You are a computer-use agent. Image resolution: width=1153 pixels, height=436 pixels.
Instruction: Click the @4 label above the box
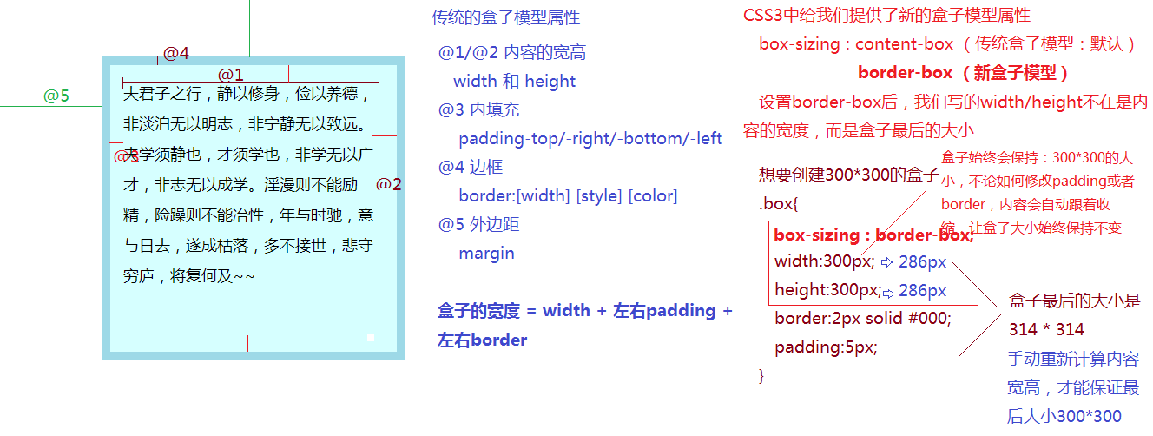176,53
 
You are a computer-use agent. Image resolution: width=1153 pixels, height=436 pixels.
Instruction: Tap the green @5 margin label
56,96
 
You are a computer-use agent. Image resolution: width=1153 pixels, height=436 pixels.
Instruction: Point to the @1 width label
231,75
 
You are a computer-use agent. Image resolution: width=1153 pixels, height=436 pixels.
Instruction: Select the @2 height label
389,184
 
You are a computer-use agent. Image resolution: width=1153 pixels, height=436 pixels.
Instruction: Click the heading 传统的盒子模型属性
505,17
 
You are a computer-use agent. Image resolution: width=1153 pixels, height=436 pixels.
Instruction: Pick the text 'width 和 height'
514,81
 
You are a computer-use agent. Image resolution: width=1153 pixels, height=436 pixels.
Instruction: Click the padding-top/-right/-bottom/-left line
590,138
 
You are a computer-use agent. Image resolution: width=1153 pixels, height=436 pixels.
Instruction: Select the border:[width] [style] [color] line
568,195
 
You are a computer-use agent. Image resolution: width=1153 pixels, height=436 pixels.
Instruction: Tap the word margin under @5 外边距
486,253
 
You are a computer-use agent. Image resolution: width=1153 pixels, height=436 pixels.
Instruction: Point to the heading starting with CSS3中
886,16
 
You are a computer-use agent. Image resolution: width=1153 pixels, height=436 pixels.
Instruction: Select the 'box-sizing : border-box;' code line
873,235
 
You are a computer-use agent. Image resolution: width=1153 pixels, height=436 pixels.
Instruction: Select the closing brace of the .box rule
761,375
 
